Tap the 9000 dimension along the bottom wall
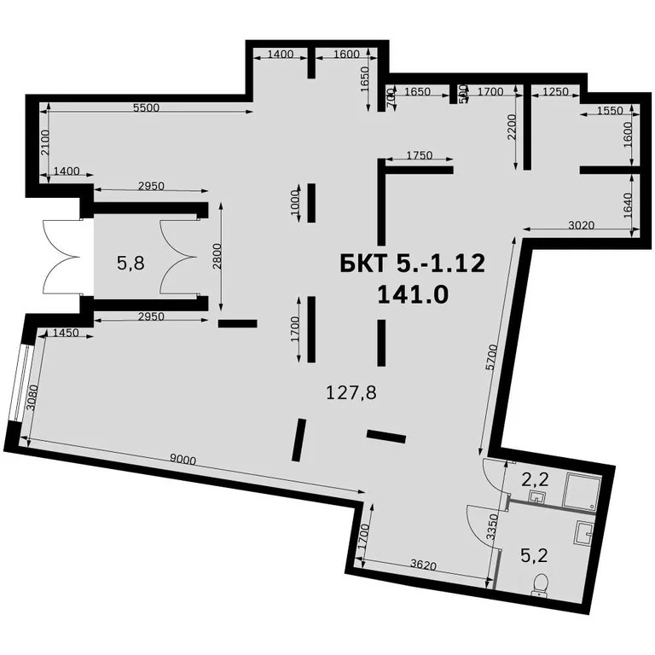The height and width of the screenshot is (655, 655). click(x=183, y=460)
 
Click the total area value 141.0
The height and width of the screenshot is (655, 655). click(x=412, y=294)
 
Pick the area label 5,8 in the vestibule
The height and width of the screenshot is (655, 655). click(x=130, y=264)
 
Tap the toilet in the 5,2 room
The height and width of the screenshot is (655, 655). click(x=539, y=583)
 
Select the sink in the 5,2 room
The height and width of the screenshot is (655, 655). click(x=584, y=533)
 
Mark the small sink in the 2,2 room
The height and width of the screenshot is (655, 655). click(x=537, y=496)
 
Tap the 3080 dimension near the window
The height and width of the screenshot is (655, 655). click(x=32, y=397)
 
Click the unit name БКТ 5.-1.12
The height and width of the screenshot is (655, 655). click(x=412, y=263)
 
